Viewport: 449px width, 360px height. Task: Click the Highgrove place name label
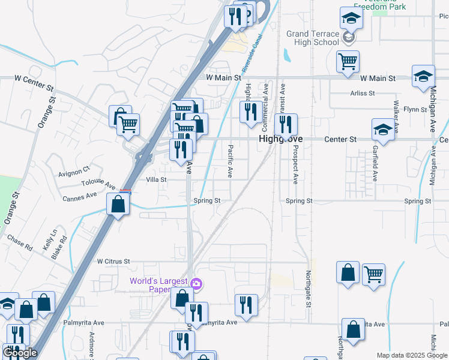coord(280,139)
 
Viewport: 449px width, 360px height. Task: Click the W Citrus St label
coord(113,262)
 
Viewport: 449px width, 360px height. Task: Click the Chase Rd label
coord(20,242)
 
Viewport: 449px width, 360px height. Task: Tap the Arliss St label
coord(363,94)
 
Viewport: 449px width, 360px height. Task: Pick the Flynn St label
coord(415,109)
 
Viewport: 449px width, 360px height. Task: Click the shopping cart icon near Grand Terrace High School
coord(348,61)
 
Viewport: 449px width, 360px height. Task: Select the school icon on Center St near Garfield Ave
coord(382,129)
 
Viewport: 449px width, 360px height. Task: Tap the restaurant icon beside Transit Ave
coord(286,124)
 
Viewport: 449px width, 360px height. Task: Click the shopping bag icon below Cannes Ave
coord(118,204)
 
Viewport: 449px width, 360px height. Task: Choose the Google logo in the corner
coord(20,353)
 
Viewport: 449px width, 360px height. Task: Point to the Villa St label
coord(156,179)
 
